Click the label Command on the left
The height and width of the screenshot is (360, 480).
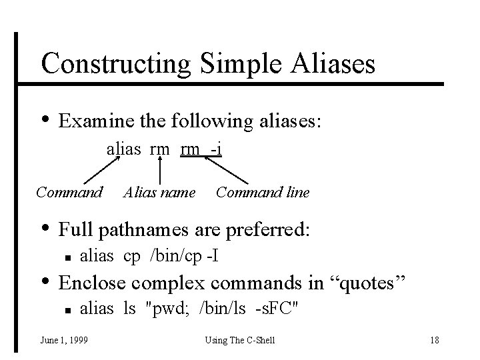click(x=69, y=193)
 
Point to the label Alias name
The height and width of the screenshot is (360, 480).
click(x=159, y=193)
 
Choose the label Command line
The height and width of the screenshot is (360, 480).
click(x=263, y=193)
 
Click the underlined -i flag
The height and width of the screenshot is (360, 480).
click(x=215, y=149)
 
